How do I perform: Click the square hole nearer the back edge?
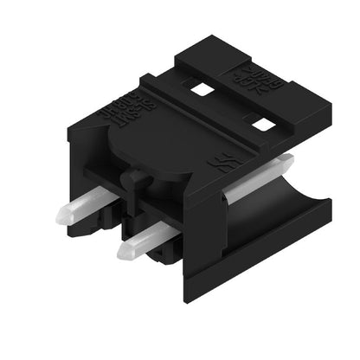pyautogui.click(x=202, y=89)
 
